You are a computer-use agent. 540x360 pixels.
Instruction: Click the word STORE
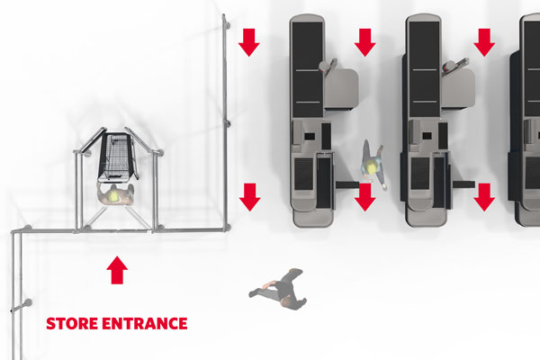point(72,323)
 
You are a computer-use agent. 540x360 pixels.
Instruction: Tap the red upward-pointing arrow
point(117,270)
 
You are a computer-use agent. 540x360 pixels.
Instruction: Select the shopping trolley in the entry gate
point(117,157)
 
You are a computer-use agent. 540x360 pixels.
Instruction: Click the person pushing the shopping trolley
point(115,194)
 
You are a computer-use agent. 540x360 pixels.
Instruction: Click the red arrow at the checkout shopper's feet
point(365,197)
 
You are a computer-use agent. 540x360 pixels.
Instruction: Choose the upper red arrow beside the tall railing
point(248,42)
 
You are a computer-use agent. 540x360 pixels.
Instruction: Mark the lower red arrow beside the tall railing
point(249,197)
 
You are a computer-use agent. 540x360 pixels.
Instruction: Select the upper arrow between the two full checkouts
point(365,42)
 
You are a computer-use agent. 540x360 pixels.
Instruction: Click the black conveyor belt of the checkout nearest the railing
point(308,69)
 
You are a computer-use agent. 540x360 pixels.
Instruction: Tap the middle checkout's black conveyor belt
point(424,69)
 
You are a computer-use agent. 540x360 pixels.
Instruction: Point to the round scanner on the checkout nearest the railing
point(324,66)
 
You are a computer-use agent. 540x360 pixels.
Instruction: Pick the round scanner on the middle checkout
point(447,66)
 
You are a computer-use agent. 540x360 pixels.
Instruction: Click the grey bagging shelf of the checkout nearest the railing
point(341,88)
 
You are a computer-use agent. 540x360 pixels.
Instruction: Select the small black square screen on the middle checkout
point(427,136)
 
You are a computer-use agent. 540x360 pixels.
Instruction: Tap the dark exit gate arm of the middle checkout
point(463,184)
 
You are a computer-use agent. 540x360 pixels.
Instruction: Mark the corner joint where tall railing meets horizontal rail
point(227,228)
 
